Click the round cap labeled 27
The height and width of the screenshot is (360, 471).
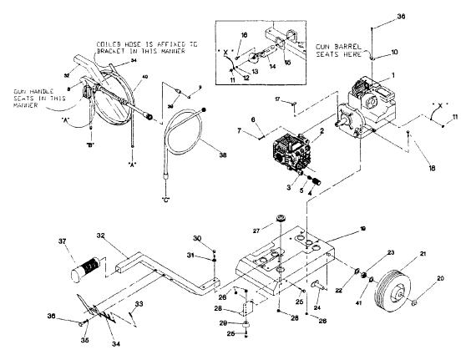(281, 219)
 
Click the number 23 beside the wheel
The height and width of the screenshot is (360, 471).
(366, 253)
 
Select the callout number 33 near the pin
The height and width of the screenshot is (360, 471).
(139, 303)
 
